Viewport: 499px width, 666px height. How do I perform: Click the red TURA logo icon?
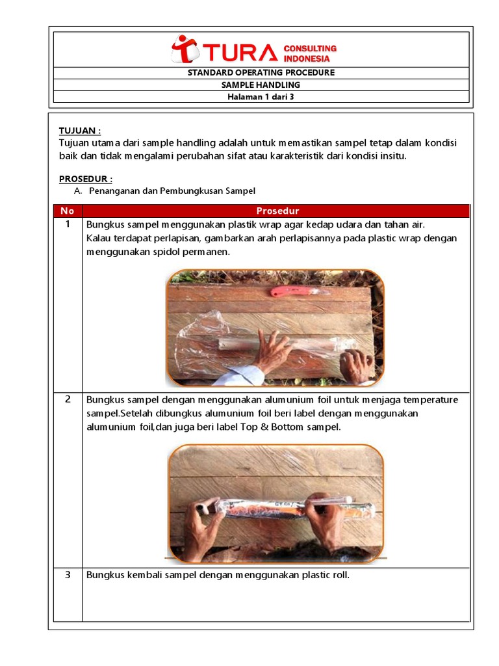coord(185,49)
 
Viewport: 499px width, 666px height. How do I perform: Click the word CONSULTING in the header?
coord(310,48)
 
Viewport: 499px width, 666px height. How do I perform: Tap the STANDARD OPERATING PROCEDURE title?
coord(261,73)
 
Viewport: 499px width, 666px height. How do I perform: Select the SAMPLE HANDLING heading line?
coord(261,85)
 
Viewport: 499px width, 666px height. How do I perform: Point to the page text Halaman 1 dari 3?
coord(261,97)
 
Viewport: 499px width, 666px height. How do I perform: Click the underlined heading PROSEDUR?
coord(86,179)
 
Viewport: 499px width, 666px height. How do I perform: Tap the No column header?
coord(68,211)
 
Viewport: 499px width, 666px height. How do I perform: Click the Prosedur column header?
coord(277,211)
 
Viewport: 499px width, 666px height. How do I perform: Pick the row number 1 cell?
coord(68,224)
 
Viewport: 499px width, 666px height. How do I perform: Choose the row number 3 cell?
coord(68,575)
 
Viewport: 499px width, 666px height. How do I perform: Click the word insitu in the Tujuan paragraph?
coord(390,155)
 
